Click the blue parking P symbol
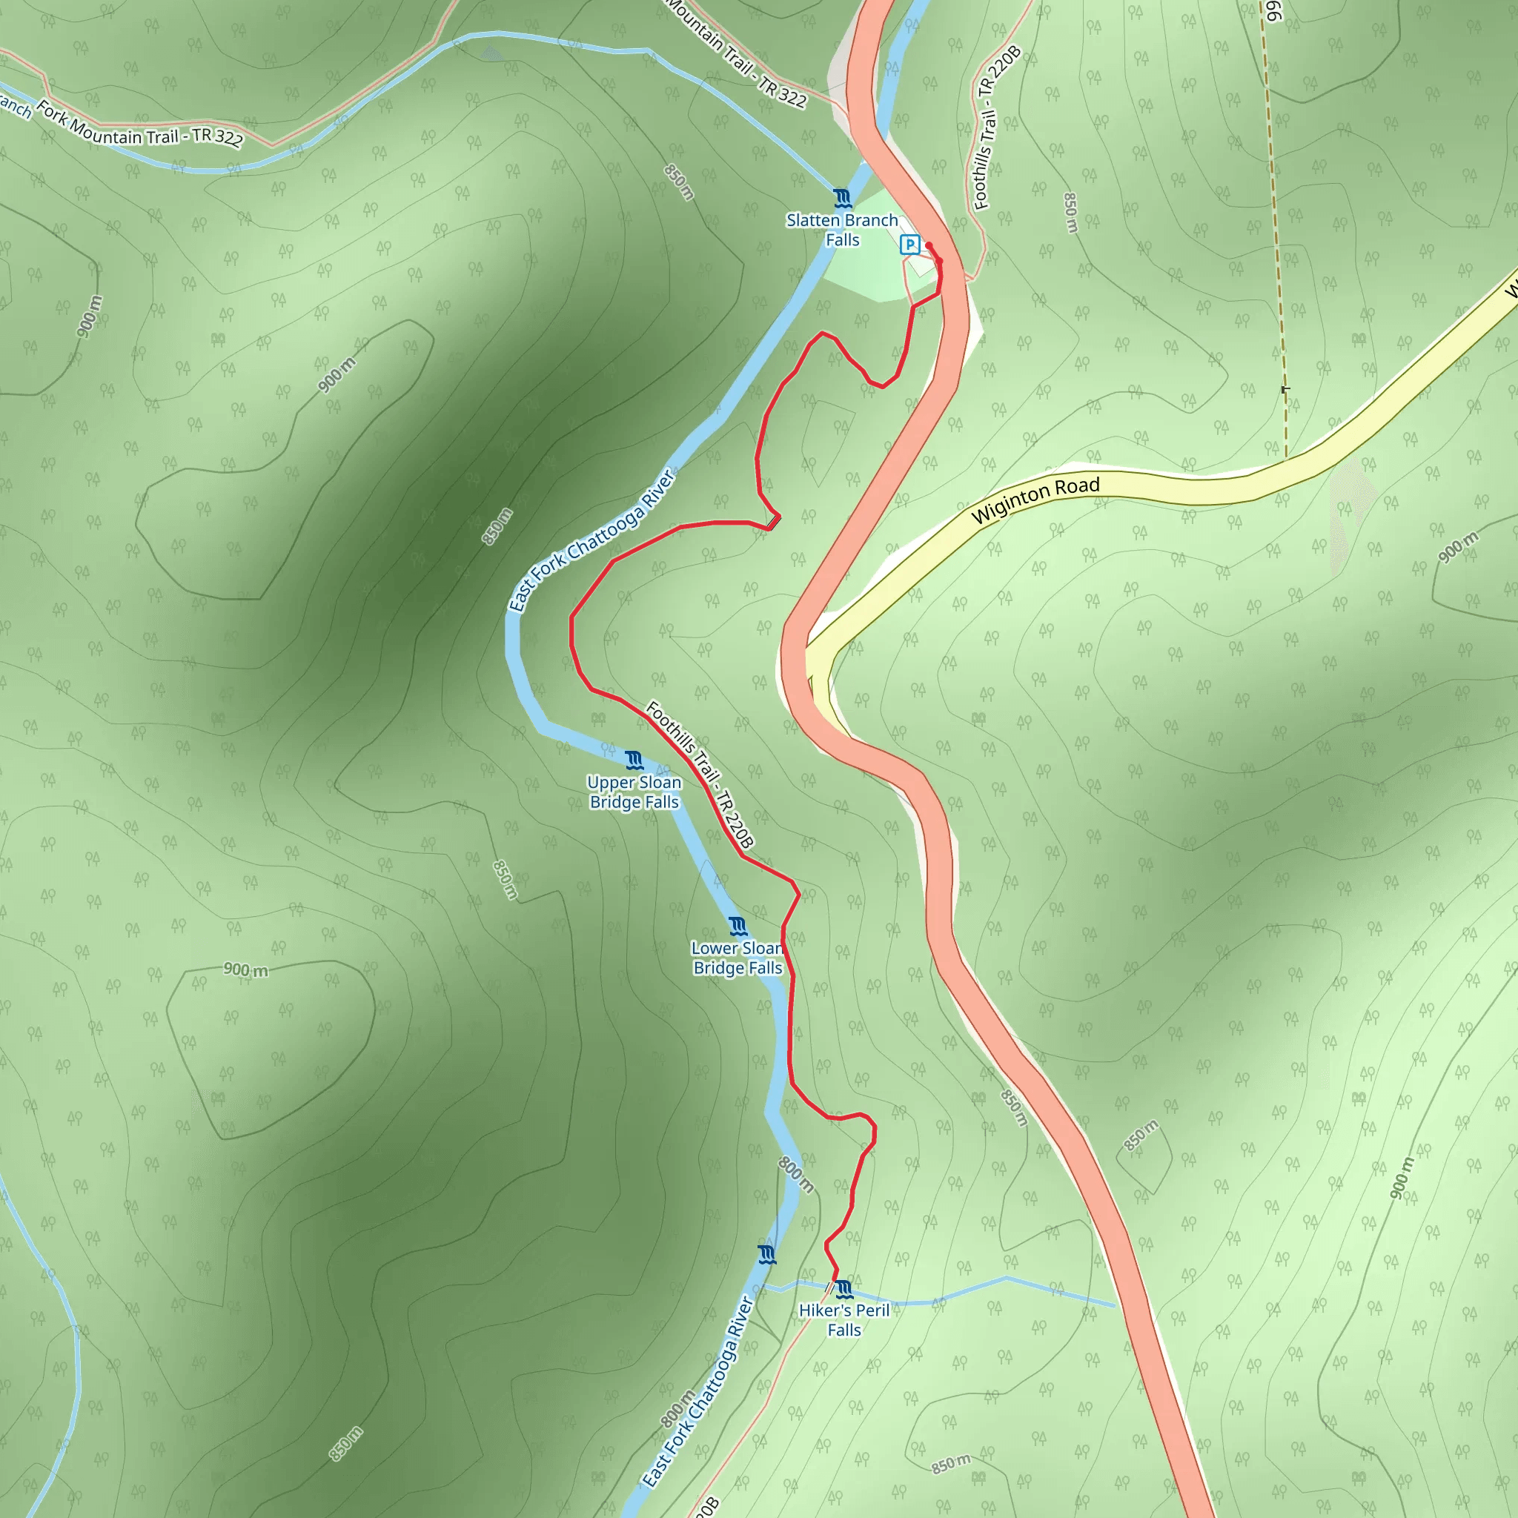909,245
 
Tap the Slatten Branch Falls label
841,231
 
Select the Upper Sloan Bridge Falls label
634,792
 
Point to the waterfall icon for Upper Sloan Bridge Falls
634,760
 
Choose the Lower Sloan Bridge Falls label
737,958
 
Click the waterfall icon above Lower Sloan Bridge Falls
737,927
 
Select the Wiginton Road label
1035,500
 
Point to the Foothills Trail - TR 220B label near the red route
699,775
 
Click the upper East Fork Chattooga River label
591,541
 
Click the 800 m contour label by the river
795,1174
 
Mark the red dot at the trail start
929,246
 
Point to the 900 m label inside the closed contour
245,970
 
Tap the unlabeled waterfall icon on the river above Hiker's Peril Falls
767,1254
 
